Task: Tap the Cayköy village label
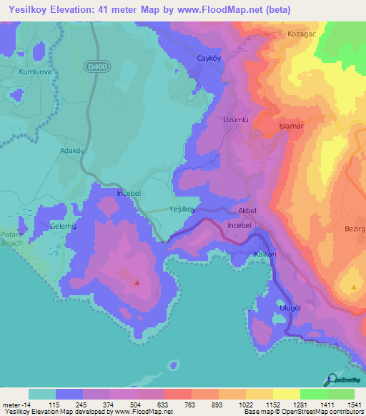pyautogui.click(x=212, y=58)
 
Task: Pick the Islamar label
pyautogui.click(x=292, y=126)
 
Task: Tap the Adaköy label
pyautogui.click(x=72, y=152)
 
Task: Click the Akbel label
pyautogui.click(x=247, y=212)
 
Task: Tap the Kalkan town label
pyautogui.click(x=264, y=254)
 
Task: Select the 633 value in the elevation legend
pyautogui.click(x=164, y=404)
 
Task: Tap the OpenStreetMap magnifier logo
pyautogui.click(x=331, y=380)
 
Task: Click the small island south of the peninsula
pyautogui.click(x=172, y=366)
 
